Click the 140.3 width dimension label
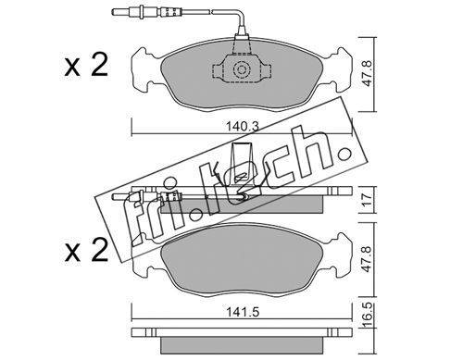242,126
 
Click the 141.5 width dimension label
243,313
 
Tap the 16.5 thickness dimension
367,316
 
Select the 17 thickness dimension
367,200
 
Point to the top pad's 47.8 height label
367,73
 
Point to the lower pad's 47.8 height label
367,259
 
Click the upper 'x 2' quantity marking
86,65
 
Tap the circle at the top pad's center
241,69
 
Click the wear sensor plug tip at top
117,12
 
